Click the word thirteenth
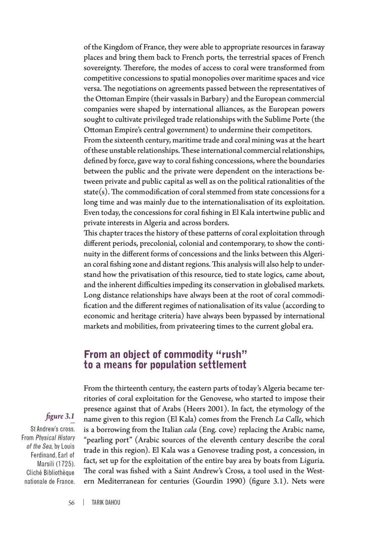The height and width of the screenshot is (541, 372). point(131,388)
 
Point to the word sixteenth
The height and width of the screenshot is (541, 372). point(131,140)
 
